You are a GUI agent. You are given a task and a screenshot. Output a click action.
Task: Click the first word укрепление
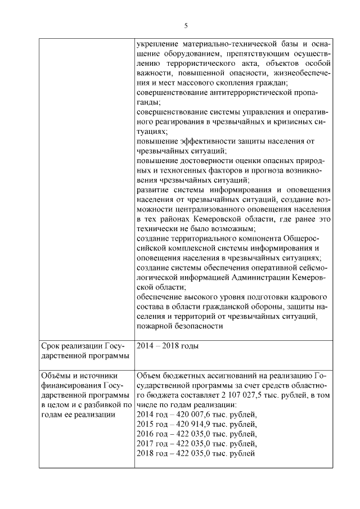[158, 43]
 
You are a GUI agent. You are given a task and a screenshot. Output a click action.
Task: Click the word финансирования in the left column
[69, 385]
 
